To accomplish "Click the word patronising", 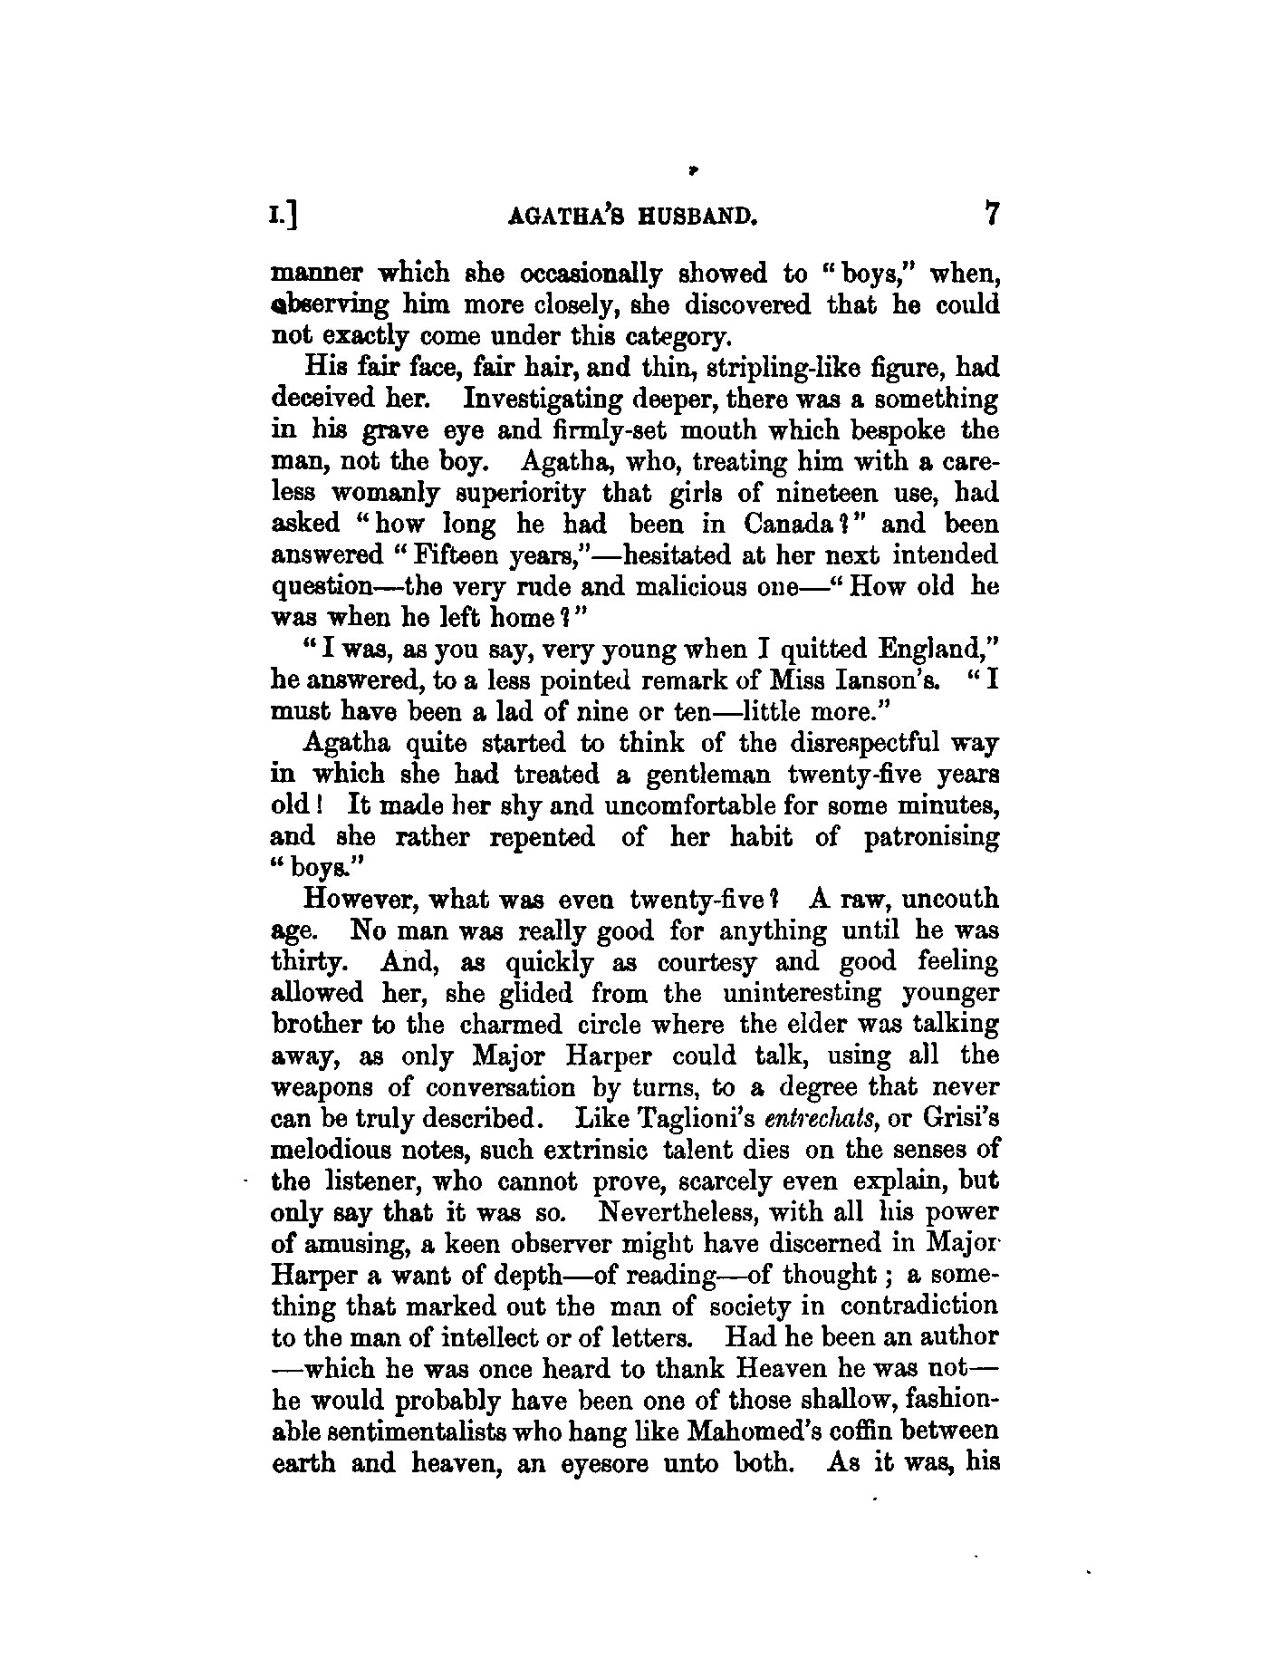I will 931,837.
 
